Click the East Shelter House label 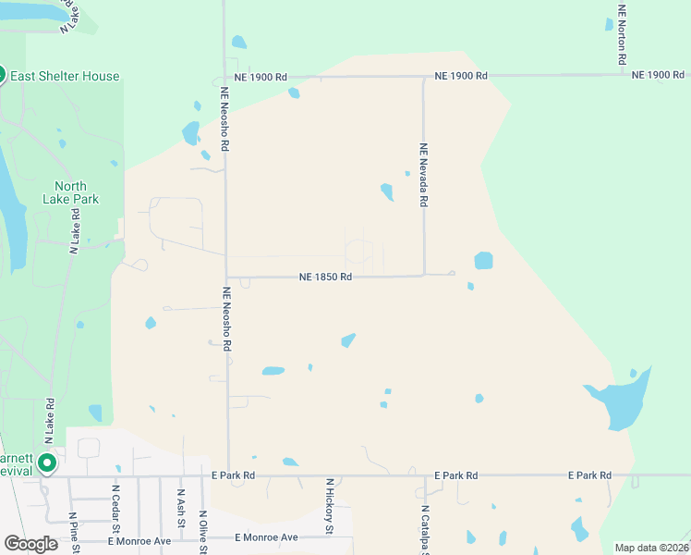tap(66, 76)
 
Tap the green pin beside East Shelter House tap(2, 75)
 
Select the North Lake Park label tap(70, 191)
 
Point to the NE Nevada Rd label tap(424, 175)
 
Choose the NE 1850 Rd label tap(325, 277)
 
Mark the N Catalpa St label tap(426, 530)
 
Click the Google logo tap(31, 544)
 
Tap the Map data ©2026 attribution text tap(650, 548)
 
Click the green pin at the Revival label tap(47, 462)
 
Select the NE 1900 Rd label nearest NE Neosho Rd tap(261, 77)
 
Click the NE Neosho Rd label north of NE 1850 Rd tap(224, 120)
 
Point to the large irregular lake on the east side tap(616, 402)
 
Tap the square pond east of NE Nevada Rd tap(483, 261)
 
